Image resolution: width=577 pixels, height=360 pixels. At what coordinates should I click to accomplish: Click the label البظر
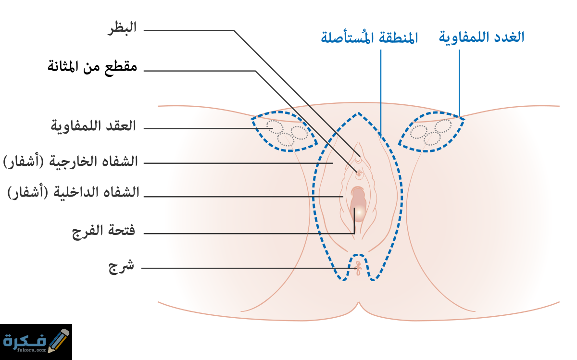coord(122,28)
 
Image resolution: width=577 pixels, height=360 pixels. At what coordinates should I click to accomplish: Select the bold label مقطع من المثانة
coord(92,67)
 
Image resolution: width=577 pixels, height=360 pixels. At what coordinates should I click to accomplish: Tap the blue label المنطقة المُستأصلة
coord(369,38)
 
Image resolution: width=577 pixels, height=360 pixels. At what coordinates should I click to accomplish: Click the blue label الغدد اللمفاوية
coord(481,37)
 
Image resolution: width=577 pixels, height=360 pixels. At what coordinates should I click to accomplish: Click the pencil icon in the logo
coord(59,340)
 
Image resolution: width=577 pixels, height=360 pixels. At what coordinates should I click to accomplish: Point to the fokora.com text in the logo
coord(31,350)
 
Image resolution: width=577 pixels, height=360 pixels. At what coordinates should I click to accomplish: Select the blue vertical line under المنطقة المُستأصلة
coord(381,92)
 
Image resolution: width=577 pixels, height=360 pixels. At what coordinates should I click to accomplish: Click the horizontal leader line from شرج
coord(250,268)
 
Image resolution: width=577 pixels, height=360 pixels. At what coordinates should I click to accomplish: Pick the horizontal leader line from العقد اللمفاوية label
coord(208,128)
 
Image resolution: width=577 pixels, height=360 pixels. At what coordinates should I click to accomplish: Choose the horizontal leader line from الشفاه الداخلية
coord(243,197)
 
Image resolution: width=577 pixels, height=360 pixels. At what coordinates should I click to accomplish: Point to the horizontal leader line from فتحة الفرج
coord(249,234)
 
